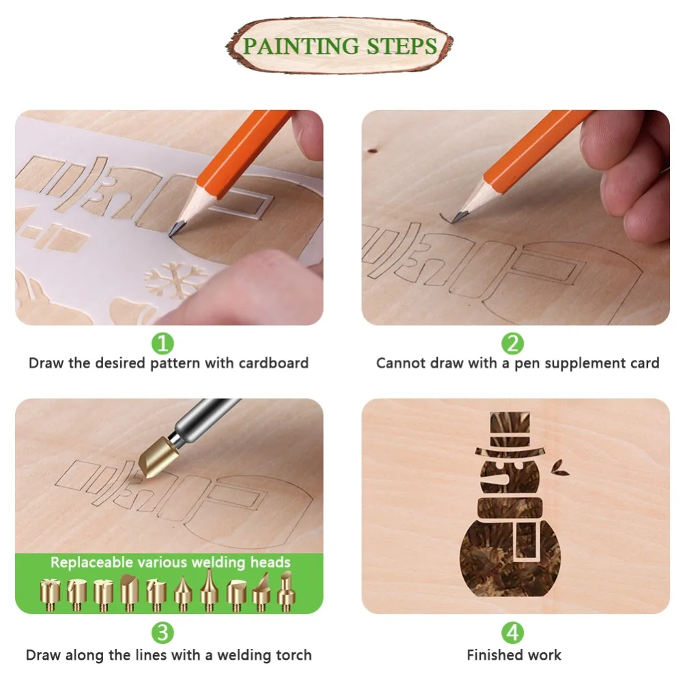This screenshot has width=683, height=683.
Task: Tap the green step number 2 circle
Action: (513, 342)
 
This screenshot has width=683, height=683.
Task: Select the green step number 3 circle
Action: (162, 632)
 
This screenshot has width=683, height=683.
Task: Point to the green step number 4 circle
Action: (513, 632)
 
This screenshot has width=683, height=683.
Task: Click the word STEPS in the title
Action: (402, 46)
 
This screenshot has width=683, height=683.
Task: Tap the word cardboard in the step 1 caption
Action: (273, 363)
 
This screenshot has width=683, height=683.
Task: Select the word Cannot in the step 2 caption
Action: (401, 363)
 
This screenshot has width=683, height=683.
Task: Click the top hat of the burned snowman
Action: (512, 434)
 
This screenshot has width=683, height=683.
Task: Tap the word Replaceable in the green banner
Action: (91, 563)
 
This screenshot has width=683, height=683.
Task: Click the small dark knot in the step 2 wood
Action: (373, 148)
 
